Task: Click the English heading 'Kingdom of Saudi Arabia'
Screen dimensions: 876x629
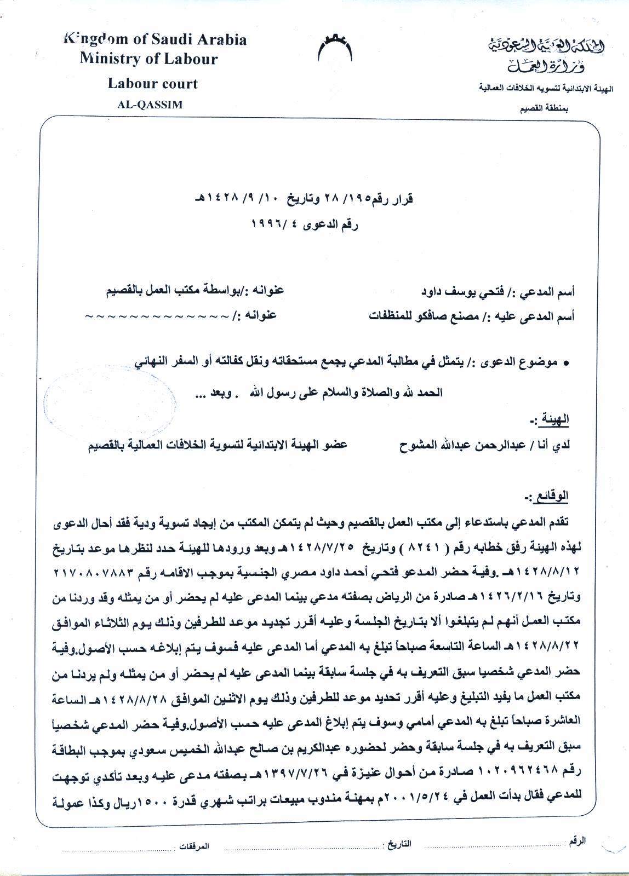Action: coord(156,39)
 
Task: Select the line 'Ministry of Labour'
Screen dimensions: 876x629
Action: coord(148,59)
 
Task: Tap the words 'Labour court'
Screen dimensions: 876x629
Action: coord(152,84)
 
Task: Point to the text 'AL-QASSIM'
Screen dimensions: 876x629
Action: coord(150,105)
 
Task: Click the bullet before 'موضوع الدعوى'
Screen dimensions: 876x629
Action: coord(566,363)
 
